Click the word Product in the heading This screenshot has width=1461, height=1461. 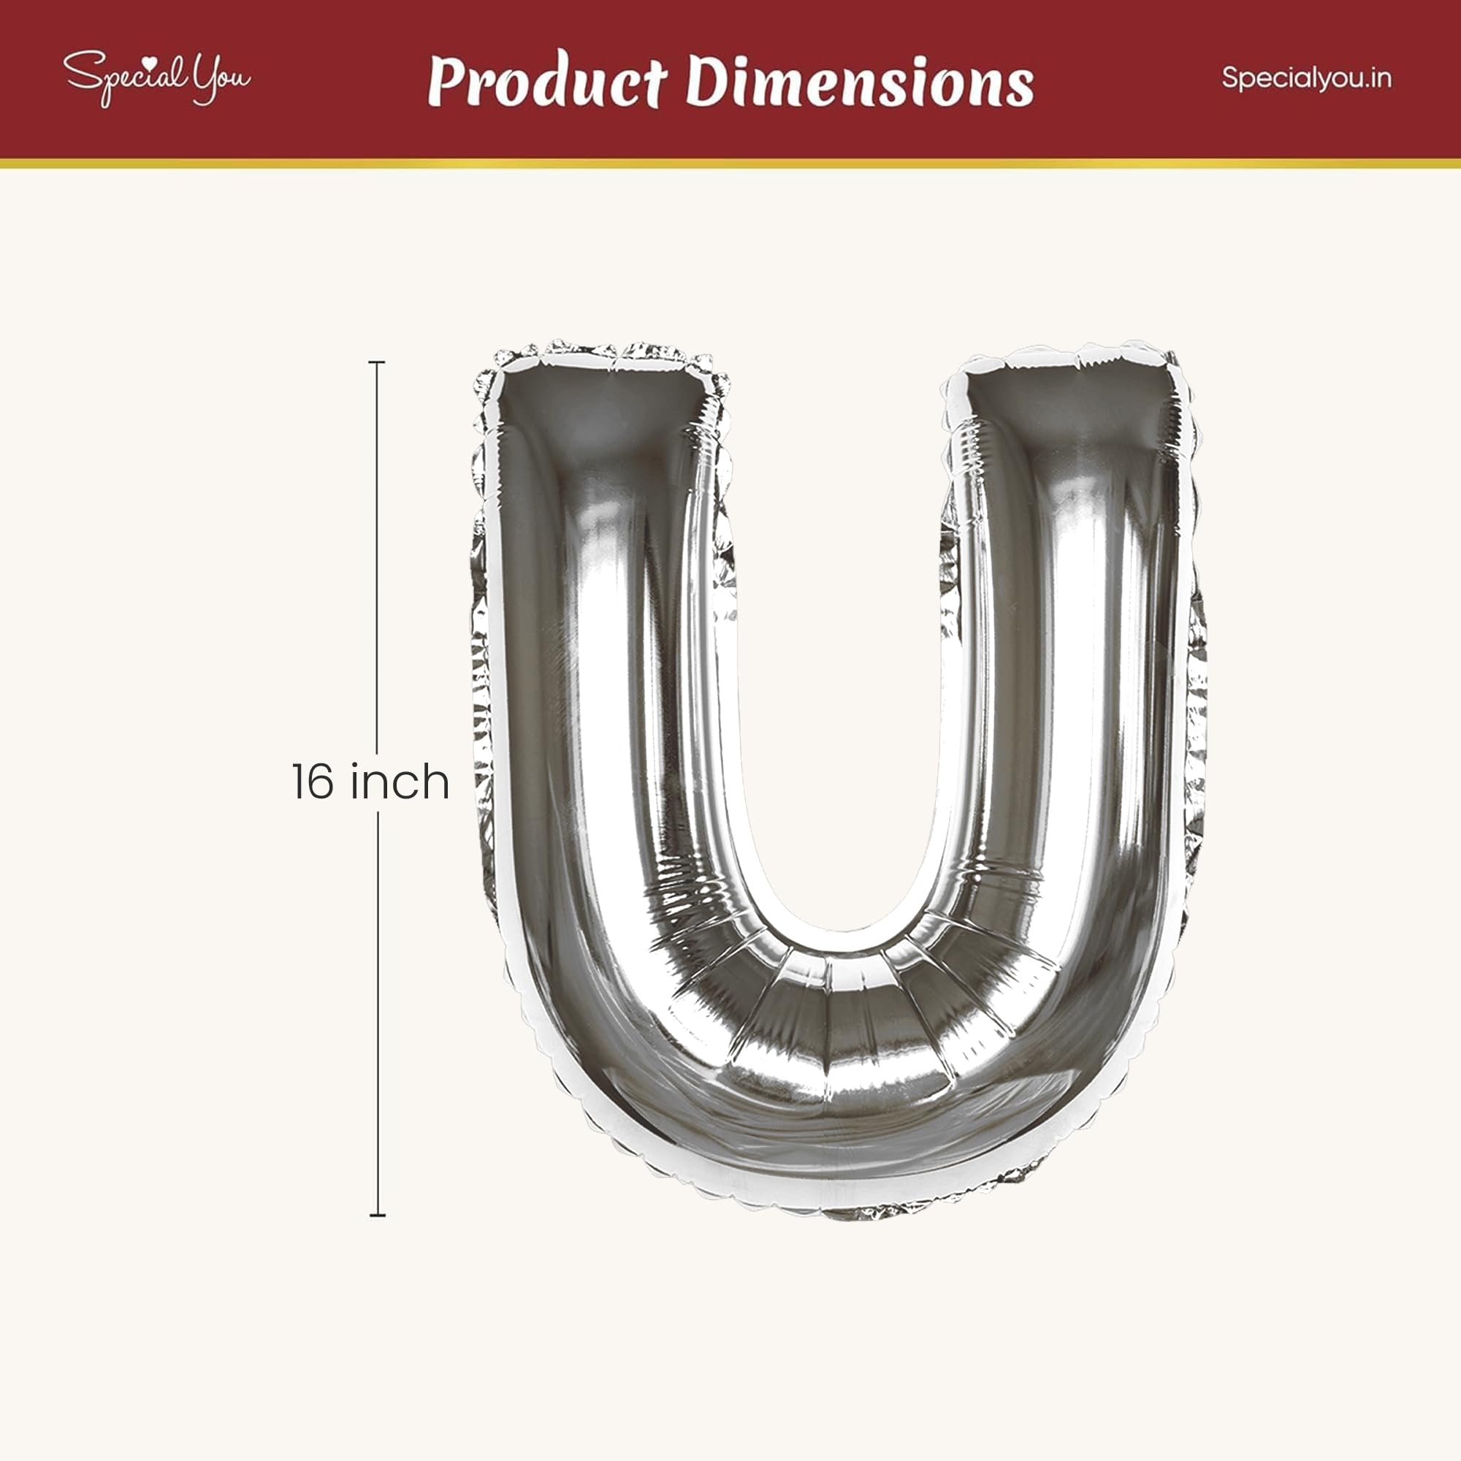pos(547,82)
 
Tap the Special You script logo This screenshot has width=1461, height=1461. pos(156,78)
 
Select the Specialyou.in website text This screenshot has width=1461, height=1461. pos(1307,79)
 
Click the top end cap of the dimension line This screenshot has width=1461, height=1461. pos(378,363)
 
